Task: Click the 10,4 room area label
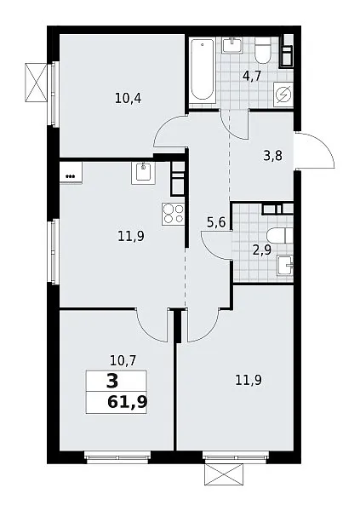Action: [x=128, y=98]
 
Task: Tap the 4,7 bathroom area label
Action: [x=252, y=77]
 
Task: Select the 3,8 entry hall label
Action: [x=272, y=156]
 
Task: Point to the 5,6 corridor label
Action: [x=216, y=222]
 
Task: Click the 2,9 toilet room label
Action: [x=262, y=250]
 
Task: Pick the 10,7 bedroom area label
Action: [x=123, y=361]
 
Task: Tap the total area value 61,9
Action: [x=128, y=402]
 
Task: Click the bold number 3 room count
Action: [x=112, y=382]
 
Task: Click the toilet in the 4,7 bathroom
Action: [x=263, y=50]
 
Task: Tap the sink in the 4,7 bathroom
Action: [x=232, y=45]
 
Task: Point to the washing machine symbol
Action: [x=283, y=95]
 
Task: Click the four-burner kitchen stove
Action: [x=173, y=214]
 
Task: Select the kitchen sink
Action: [x=143, y=173]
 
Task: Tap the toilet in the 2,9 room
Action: [x=279, y=236]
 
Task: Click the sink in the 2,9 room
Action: [x=286, y=266]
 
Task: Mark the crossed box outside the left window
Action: [x=36, y=82]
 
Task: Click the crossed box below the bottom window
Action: [x=224, y=474]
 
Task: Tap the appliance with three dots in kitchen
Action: [x=71, y=173]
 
